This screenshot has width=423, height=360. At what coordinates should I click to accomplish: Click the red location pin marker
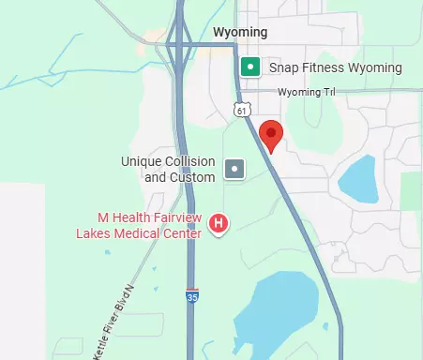(x=270, y=134)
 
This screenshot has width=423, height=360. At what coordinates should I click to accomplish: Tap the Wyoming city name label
(x=240, y=33)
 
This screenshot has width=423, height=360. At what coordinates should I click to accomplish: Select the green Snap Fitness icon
(x=250, y=67)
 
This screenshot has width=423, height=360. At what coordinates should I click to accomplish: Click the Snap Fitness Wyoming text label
(x=335, y=67)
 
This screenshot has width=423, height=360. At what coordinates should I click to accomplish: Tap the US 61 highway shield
(x=242, y=111)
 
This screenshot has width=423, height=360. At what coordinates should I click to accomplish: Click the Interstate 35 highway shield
(x=192, y=296)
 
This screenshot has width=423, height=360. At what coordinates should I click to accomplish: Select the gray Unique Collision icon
(x=235, y=170)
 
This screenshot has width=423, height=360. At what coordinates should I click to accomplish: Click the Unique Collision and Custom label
(x=169, y=169)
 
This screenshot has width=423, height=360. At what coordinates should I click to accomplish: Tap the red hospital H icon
(x=219, y=223)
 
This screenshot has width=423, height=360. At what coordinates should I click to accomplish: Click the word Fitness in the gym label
(x=321, y=67)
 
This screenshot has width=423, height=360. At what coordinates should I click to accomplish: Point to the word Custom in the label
(x=192, y=176)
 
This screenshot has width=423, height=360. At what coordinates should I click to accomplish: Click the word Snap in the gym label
(x=283, y=67)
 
